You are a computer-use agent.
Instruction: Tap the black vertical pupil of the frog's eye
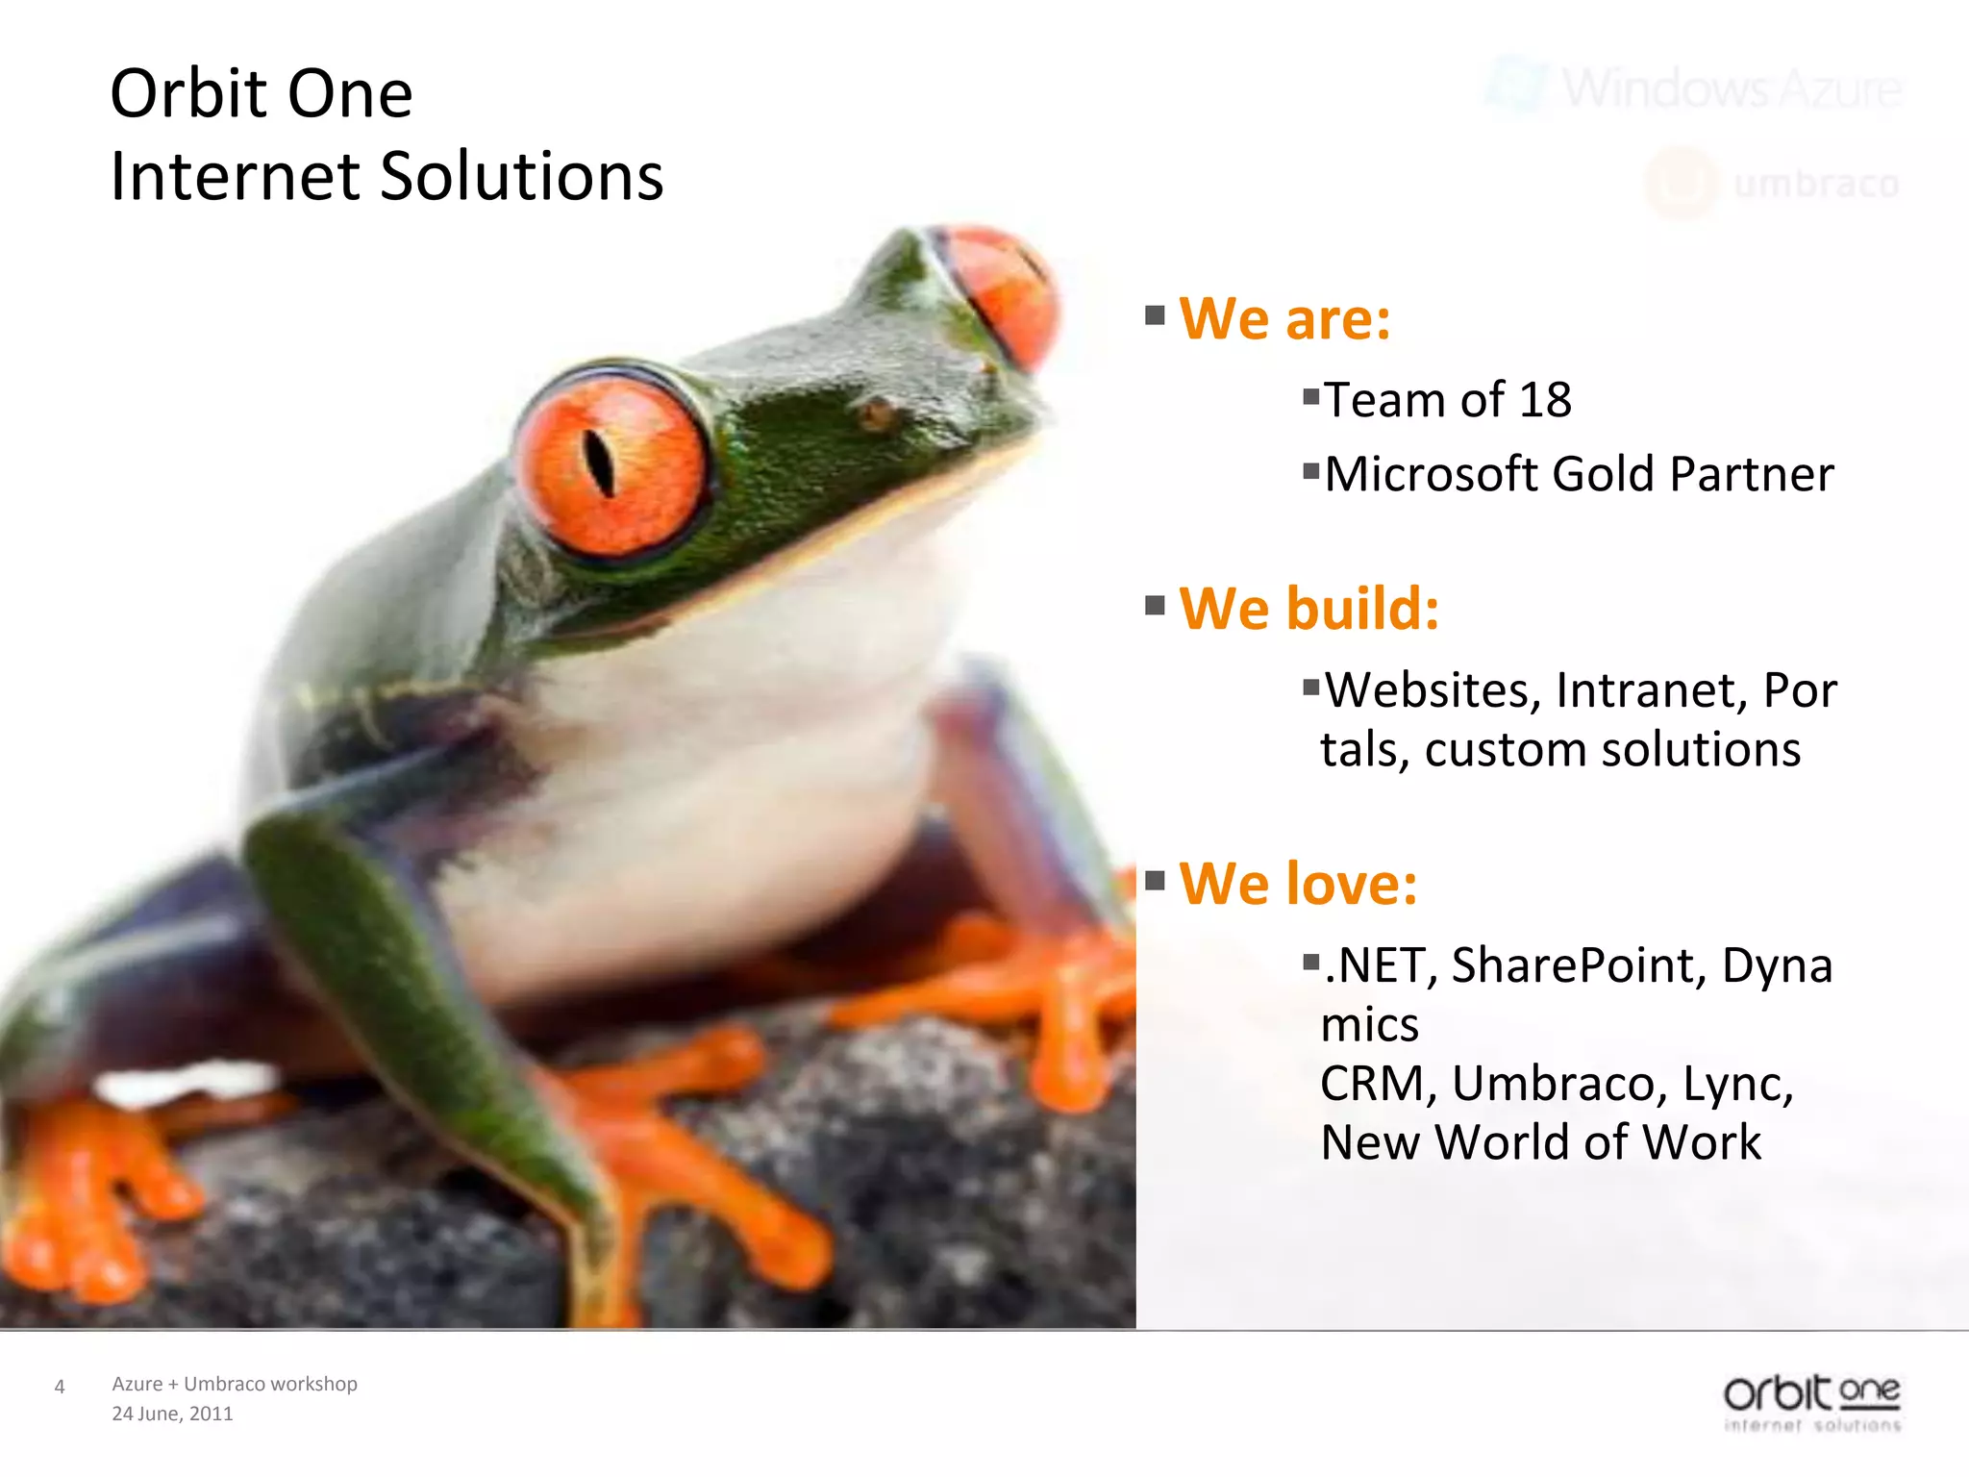click(599, 463)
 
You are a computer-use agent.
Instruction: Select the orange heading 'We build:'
click(1309, 609)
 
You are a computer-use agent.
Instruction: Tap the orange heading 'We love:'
click(1298, 884)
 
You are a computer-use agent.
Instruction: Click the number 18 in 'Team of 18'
click(1544, 400)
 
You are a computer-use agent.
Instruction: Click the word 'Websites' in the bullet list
click(1433, 690)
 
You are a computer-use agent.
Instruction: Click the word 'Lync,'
click(1738, 1084)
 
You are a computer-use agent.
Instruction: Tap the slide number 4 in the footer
click(60, 1387)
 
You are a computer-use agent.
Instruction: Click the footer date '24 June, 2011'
click(172, 1414)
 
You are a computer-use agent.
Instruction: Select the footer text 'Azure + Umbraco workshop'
click(235, 1384)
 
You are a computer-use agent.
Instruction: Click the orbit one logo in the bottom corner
click(1811, 1402)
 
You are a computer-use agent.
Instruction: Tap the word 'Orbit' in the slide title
click(188, 94)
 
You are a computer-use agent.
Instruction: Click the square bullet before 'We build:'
click(1155, 606)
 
